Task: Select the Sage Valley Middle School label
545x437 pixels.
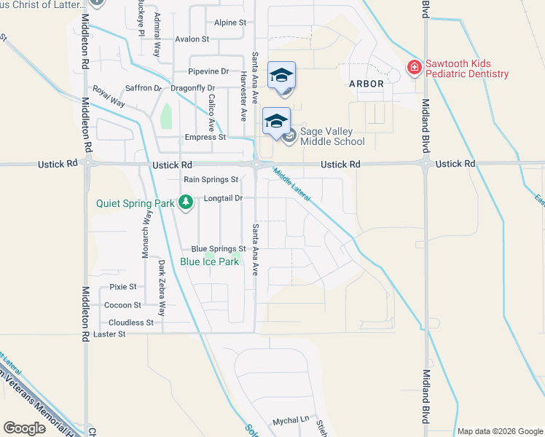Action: click(x=326, y=136)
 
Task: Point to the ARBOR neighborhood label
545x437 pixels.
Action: click(x=366, y=84)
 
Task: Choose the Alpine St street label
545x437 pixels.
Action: click(x=230, y=23)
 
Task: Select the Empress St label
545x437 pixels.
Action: click(x=205, y=137)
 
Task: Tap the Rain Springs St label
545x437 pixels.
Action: click(x=211, y=179)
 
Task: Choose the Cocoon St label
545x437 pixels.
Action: click(x=122, y=305)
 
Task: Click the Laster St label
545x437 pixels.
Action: click(x=110, y=334)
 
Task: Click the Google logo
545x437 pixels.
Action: click(x=25, y=428)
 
